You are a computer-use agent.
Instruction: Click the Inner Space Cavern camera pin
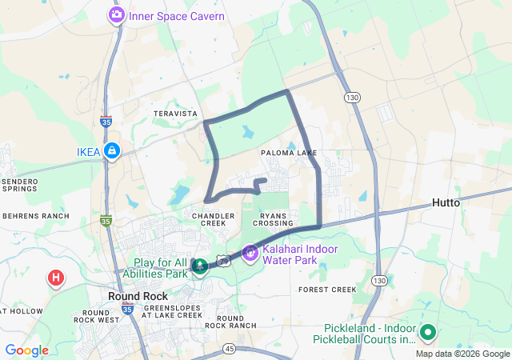(117, 15)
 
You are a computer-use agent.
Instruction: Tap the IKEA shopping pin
(111, 151)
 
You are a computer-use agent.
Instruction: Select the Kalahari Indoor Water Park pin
(250, 253)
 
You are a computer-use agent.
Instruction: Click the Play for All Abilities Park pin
(199, 267)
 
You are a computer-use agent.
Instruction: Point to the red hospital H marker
(56, 278)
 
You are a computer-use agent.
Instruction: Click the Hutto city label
(446, 203)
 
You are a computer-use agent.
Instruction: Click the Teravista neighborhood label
(175, 114)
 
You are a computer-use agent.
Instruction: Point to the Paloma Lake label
(289, 153)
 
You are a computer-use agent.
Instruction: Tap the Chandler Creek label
(214, 219)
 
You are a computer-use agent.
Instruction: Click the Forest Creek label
(326, 290)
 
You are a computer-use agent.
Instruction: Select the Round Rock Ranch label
(230, 322)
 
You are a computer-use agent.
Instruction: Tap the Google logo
(26, 350)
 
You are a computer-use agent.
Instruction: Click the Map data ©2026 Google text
(462, 354)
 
